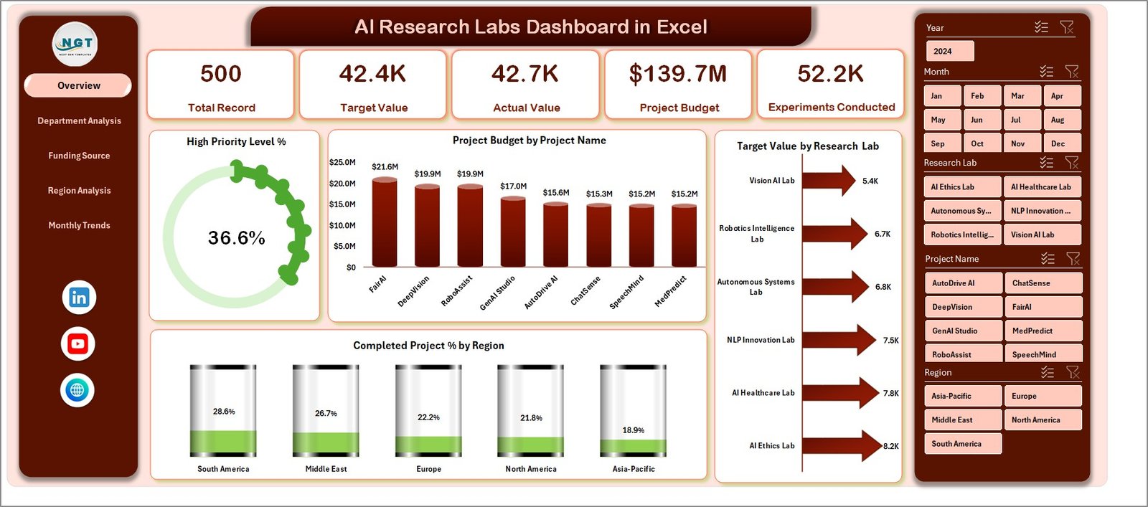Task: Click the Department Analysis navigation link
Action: pyautogui.click(x=79, y=120)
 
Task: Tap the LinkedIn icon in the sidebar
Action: pyautogui.click(x=79, y=298)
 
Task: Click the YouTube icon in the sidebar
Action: pyautogui.click(x=78, y=344)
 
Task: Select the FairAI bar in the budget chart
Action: pyautogui.click(x=385, y=222)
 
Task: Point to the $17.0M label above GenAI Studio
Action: pyautogui.click(x=514, y=186)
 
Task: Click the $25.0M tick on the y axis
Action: pyautogui.click(x=342, y=162)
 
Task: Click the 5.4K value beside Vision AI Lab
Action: pyautogui.click(x=870, y=181)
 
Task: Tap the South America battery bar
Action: pyautogui.click(x=223, y=410)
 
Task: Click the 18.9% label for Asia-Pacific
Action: pyautogui.click(x=633, y=430)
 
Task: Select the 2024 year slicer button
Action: pyautogui.click(x=949, y=52)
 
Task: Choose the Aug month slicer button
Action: pyautogui.click(x=1060, y=120)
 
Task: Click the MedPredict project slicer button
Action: pyautogui.click(x=1043, y=331)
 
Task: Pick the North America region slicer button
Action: pyautogui.click(x=1043, y=420)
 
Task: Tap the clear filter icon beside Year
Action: pyautogui.click(x=1067, y=27)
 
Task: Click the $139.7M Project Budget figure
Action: pyautogui.click(x=678, y=74)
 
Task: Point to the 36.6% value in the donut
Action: pyautogui.click(x=236, y=238)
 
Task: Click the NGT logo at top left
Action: pyautogui.click(x=75, y=44)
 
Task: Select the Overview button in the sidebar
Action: pyautogui.click(x=78, y=85)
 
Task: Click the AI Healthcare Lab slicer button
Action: pyautogui.click(x=1041, y=187)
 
